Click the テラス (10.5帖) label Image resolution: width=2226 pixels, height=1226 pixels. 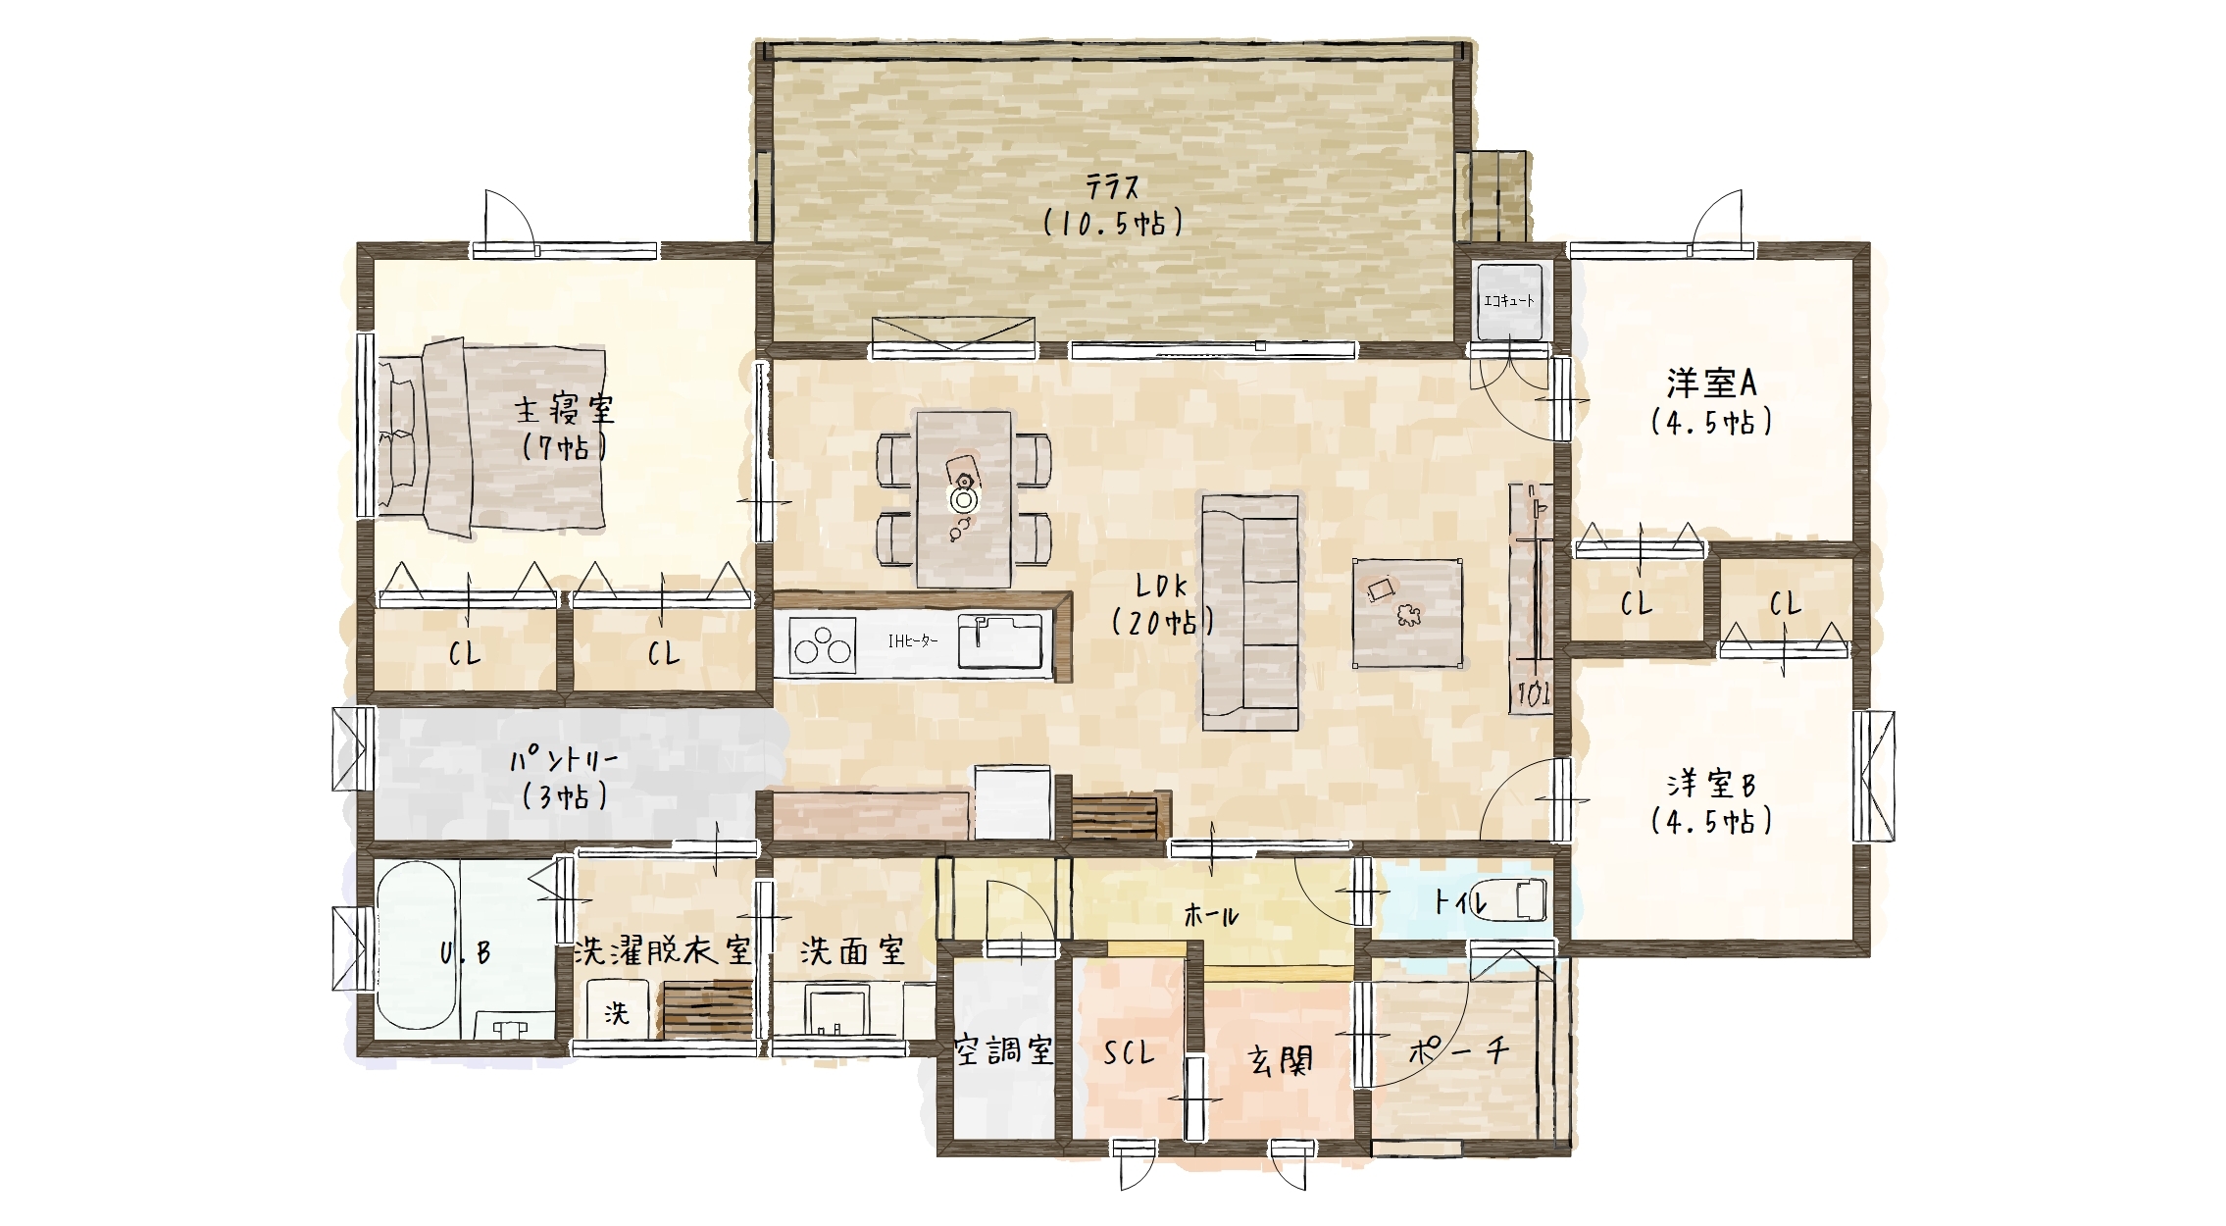tap(1113, 205)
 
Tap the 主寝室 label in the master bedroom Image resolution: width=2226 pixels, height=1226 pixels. tap(564, 409)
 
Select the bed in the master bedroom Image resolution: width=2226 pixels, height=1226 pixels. tap(491, 438)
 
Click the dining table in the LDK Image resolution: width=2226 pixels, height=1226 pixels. tap(963, 499)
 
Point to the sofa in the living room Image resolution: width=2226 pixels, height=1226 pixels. tap(1250, 613)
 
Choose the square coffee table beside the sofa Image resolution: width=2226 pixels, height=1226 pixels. tap(1407, 613)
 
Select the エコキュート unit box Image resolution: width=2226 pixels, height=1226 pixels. tap(1509, 301)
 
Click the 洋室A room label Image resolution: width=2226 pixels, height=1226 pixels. tap(1711, 383)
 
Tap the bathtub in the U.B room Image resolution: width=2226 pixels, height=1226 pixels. tap(417, 945)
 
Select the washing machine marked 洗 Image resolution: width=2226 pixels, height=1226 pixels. tap(617, 1011)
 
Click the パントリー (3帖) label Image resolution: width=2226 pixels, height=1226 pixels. tap(563, 778)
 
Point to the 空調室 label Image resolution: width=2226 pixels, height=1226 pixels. tap(1004, 1051)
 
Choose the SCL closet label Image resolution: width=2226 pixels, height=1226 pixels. tap(1129, 1053)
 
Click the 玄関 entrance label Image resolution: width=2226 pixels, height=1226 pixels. tap(1280, 1060)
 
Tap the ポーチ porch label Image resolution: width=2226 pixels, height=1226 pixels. tap(1458, 1051)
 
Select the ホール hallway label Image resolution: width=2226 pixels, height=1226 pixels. tap(1211, 915)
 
